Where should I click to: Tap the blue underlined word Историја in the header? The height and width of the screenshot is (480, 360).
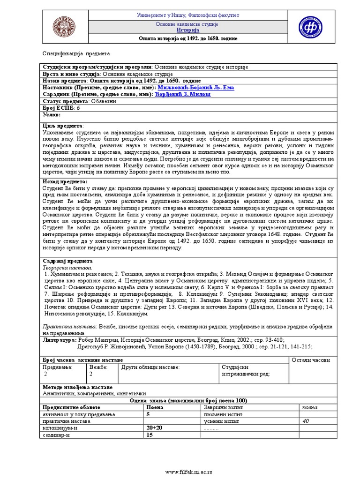187,30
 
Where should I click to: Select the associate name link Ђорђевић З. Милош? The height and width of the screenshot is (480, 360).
183,94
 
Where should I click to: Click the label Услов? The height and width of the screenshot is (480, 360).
52,114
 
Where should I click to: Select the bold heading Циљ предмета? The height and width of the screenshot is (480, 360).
63,126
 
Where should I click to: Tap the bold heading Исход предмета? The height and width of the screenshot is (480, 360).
65,181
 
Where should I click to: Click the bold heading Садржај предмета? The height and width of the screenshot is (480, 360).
67,261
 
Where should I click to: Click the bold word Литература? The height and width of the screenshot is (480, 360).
59,339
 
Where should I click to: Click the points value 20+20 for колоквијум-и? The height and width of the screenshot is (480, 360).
154,428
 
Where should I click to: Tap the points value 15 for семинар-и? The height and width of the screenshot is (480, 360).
150,435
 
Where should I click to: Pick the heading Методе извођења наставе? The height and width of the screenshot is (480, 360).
77,388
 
